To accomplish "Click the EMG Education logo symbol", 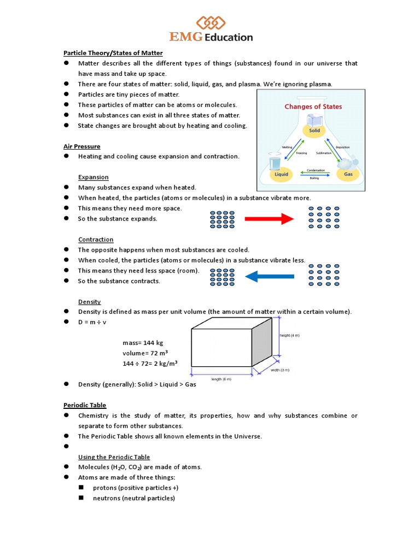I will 211,23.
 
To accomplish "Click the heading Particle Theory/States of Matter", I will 113,53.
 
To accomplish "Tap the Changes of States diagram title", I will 313,106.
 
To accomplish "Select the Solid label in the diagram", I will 314,131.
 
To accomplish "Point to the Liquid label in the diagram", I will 281,175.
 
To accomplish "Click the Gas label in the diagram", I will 348,175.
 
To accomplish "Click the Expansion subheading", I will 94,177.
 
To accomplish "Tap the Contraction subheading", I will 96,240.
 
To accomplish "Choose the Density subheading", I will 90,302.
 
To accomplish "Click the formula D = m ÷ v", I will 92,322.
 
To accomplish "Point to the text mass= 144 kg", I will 143,343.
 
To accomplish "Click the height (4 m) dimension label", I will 289,335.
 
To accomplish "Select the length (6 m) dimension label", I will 221,379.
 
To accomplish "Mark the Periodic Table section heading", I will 85,405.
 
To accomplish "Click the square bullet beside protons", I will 81,487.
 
